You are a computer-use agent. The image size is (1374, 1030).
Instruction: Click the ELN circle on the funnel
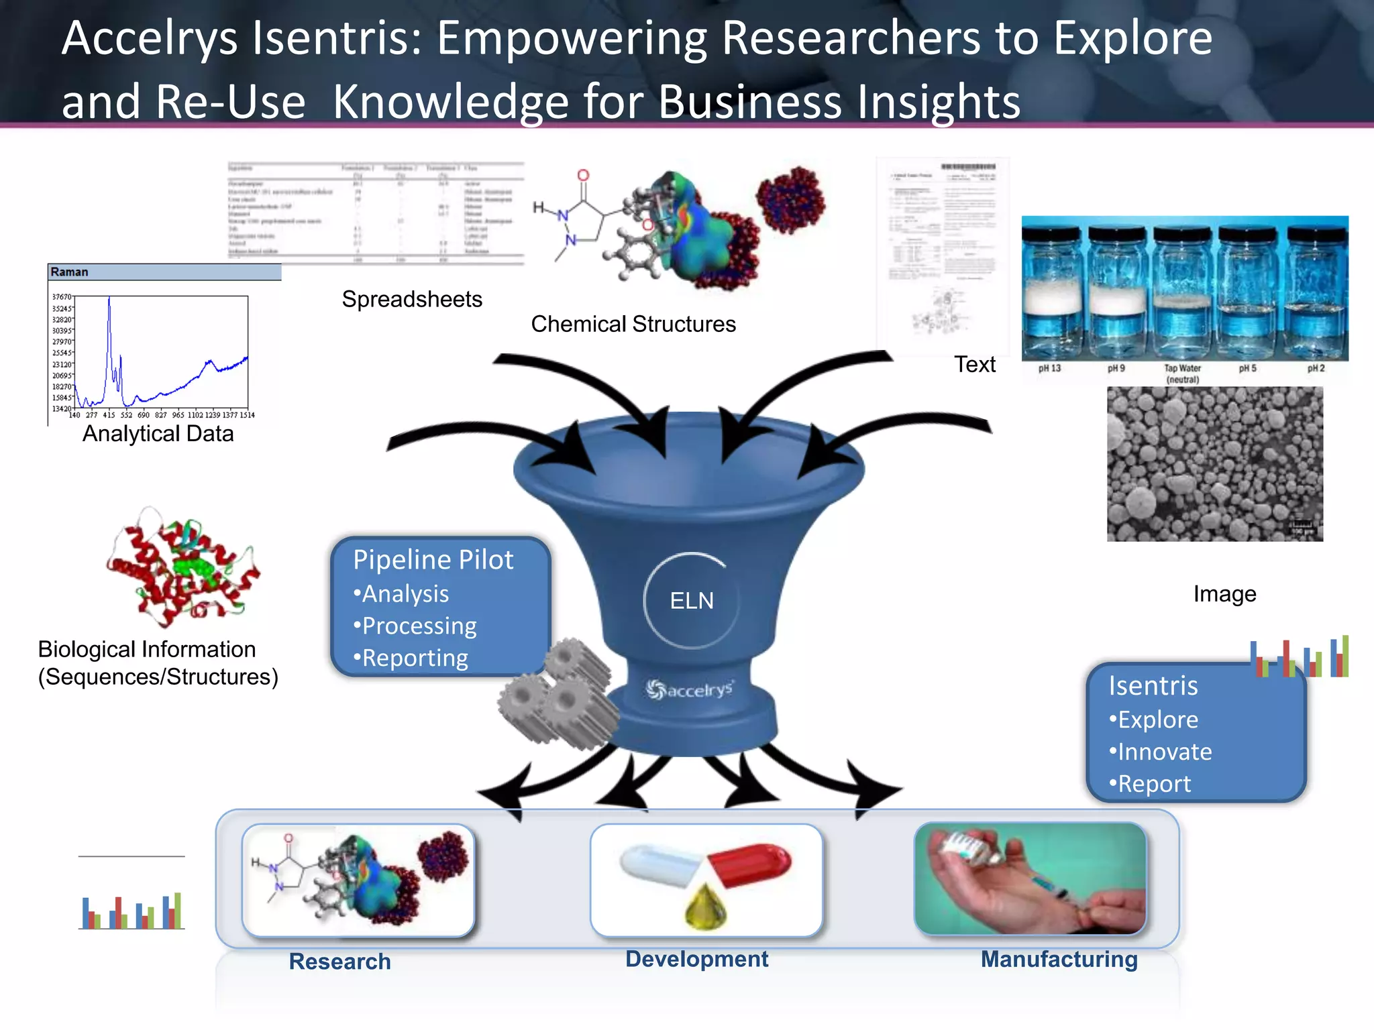click(692, 600)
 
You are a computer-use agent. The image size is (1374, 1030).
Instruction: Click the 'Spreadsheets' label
click(412, 299)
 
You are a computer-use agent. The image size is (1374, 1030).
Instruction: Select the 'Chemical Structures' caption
click(633, 324)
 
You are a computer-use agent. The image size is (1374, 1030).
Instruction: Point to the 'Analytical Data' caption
click(158, 434)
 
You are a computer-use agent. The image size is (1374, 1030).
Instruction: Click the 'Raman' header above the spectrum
click(70, 272)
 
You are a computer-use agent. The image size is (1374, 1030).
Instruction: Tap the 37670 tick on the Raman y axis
click(62, 296)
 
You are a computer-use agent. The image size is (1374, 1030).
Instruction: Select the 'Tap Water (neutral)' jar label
click(1182, 374)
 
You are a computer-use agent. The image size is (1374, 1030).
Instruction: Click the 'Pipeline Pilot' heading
click(433, 560)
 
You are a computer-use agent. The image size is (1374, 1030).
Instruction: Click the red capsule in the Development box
click(750, 864)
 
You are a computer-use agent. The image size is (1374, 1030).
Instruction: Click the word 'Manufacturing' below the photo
click(1059, 959)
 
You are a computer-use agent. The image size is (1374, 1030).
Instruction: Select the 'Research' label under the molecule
click(339, 961)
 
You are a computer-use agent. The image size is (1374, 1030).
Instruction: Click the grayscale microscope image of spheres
click(1214, 464)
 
